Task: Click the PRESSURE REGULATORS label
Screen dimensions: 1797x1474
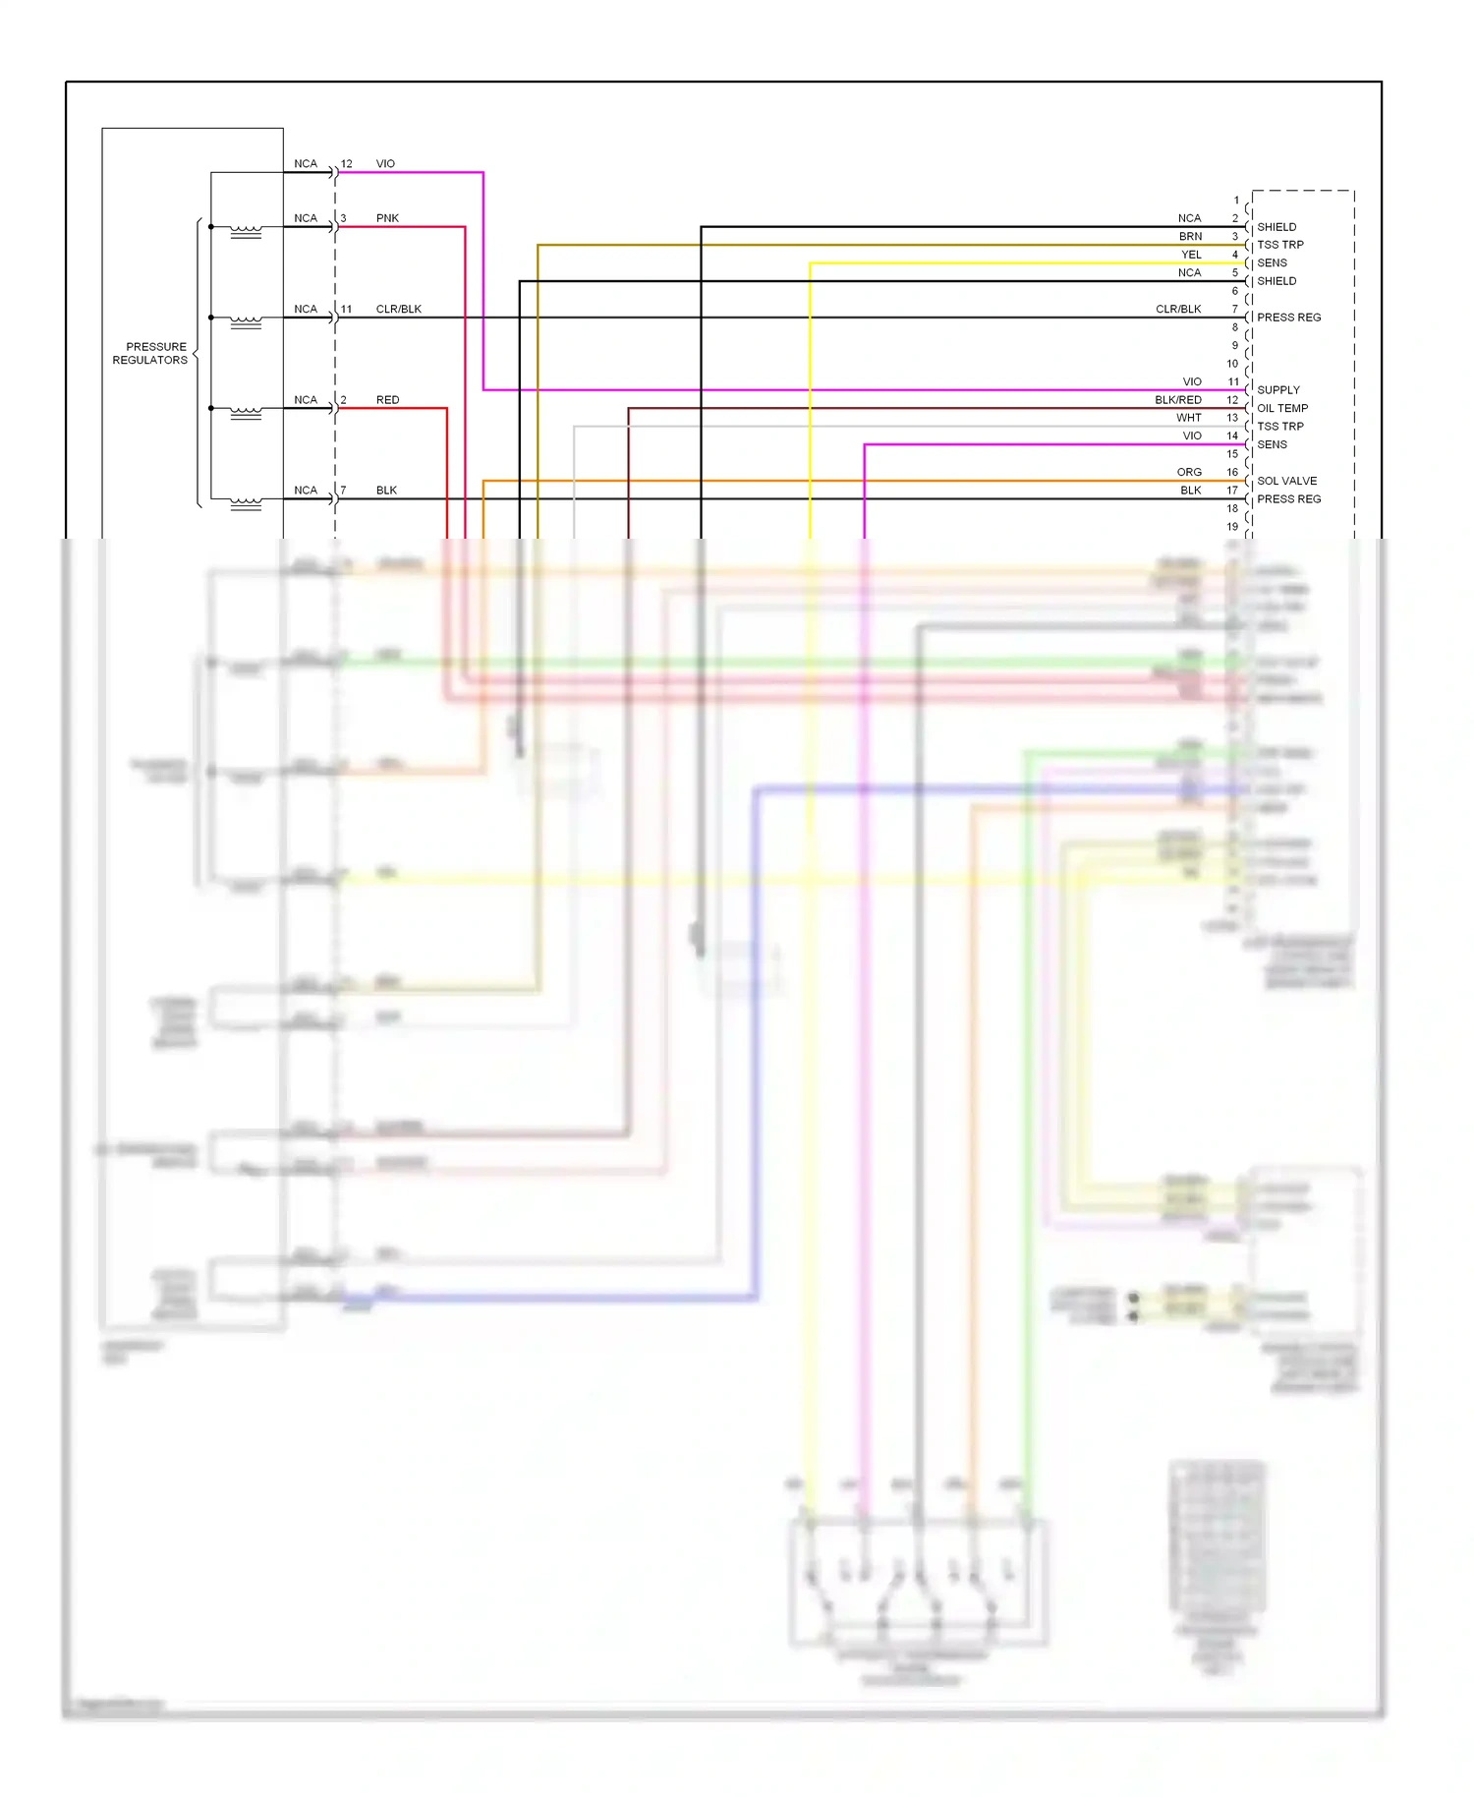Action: point(150,353)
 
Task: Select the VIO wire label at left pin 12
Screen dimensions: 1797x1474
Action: point(385,164)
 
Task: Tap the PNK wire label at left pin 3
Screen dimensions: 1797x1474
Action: point(387,218)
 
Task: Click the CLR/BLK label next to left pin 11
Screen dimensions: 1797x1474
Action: point(398,309)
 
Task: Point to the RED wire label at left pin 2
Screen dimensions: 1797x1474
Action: point(387,400)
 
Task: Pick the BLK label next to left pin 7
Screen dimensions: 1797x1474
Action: point(386,491)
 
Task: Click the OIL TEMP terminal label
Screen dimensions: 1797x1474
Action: point(1281,408)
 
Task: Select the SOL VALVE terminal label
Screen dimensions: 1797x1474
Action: point(1286,481)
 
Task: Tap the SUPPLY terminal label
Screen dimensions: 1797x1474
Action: point(1277,390)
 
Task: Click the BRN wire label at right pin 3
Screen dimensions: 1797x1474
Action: point(1190,237)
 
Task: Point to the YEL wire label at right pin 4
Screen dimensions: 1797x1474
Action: point(1191,255)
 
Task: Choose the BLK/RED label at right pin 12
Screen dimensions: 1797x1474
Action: point(1177,400)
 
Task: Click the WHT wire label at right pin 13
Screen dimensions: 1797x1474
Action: point(1188,418)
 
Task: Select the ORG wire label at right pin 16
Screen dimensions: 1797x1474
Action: point(1189,472)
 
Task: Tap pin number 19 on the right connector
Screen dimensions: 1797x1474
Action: point(1232,527)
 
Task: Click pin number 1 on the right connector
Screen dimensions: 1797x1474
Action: point(1236,201)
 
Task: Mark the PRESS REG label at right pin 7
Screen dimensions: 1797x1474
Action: point(1288,318)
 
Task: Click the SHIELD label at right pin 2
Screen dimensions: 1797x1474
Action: point(1276,227)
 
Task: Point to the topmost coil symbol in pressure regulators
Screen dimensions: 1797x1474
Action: point(246,232)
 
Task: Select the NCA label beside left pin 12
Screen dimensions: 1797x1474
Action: point(306,164)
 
